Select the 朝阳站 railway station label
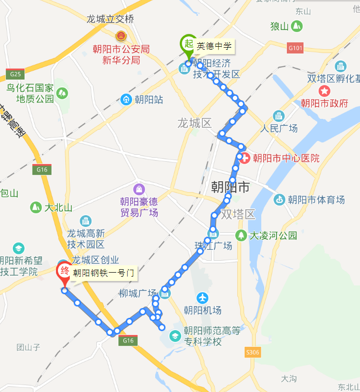[x=148, y=100]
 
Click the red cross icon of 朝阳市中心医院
[x=245, y=158]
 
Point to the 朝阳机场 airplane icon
[x=202, y=298]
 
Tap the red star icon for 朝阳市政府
[x=325, y=91]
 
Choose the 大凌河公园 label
[x=273, y=235]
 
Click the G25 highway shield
[x=16, y=74]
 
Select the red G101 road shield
[x=296, y=48]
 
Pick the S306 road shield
[x=252, y=352]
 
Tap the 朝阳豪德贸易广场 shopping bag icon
[x=139, y=189]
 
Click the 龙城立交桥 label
[x=110, y=19]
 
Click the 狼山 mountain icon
[x=297, y=26]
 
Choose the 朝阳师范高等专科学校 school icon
[x=175, y=336]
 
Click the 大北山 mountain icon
[x=36, y=207]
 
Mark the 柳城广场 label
[x=138, y=293]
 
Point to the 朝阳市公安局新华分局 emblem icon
[x=121, y=36]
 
